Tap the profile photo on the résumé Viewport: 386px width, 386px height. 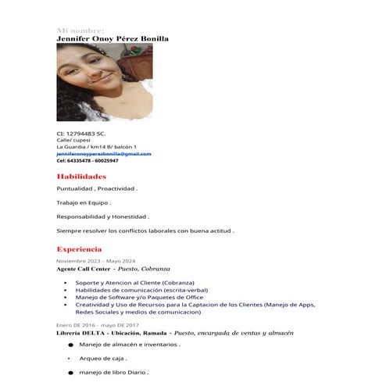(94, 81)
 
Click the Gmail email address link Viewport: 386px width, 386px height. (104, 154)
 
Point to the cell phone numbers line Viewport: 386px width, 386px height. (88, 160)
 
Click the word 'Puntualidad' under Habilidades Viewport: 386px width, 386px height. (75, 189)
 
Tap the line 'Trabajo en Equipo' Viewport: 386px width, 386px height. (84, 203)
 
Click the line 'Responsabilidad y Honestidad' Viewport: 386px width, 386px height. (102, 217)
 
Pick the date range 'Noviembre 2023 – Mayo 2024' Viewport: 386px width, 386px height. (95, 260)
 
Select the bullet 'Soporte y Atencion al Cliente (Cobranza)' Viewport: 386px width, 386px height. (135, 282)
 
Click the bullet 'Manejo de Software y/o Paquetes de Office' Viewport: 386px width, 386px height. (139, 297)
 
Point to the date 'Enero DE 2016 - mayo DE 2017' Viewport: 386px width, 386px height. (97, 324)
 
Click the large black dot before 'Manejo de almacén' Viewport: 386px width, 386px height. (70, 344)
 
